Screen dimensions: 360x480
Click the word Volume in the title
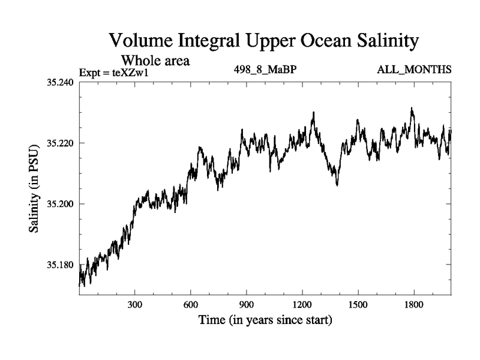[x=141, y=41]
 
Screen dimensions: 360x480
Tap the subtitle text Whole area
[x=157, y=60]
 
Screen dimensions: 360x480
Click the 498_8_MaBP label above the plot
[x=265, y=70]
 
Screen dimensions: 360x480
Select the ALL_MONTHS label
[x=414, y=70]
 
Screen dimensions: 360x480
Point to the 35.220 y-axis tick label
[x=60, y=143]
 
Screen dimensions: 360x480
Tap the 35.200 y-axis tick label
[x=60, y=204]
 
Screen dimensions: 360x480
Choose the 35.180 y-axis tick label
[x=60, y=265]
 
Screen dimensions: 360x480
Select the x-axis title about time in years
[x=265, y=320]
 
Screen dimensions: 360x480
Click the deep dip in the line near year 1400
[x=337, y=184]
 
